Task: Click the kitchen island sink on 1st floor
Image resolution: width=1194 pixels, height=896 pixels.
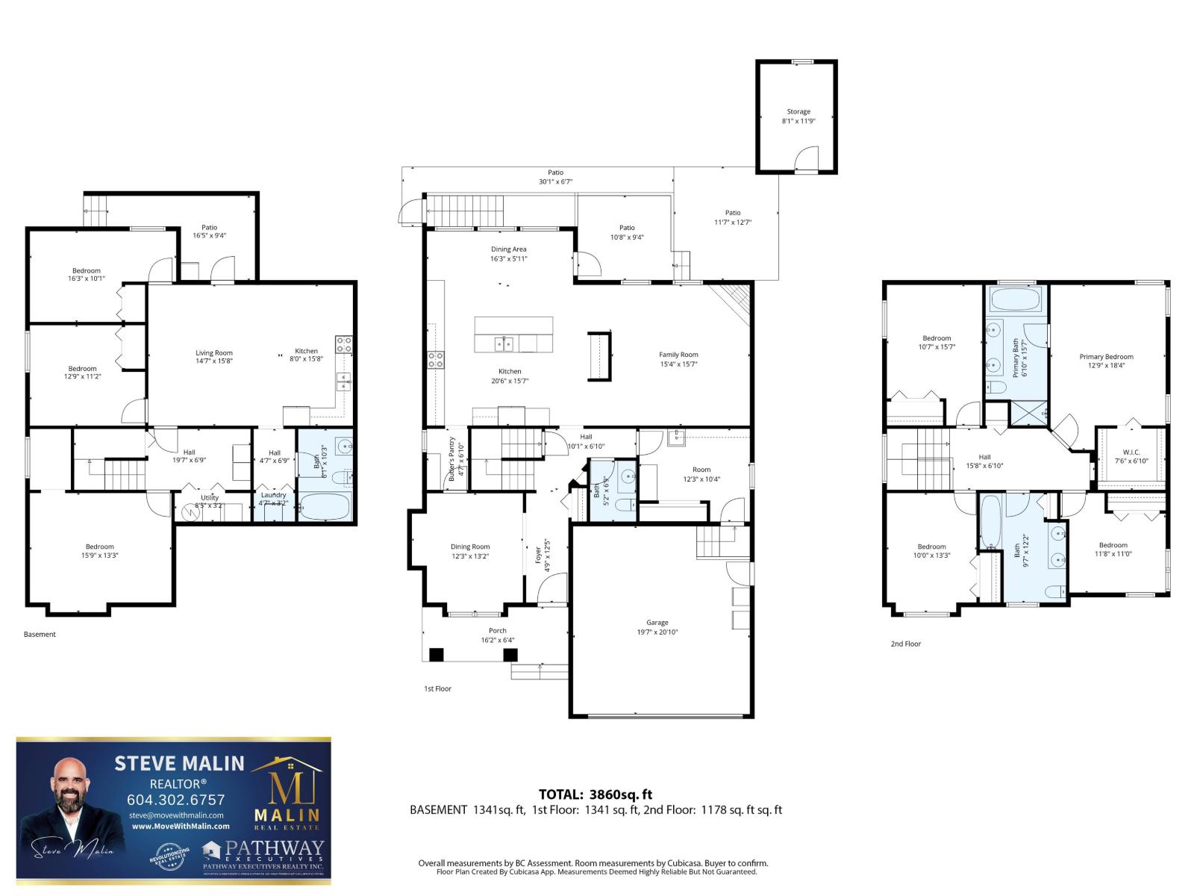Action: coord(504,343)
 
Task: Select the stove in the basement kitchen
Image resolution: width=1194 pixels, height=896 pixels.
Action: coord(344,344)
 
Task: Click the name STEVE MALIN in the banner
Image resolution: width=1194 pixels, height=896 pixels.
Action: coord(179,763)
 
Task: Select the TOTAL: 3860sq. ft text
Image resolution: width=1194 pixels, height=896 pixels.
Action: coord(596,794)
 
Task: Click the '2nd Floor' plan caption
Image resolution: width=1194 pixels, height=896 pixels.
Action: coord(905,644)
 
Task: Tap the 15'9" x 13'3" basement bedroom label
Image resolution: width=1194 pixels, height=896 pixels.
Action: coord(99,550)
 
